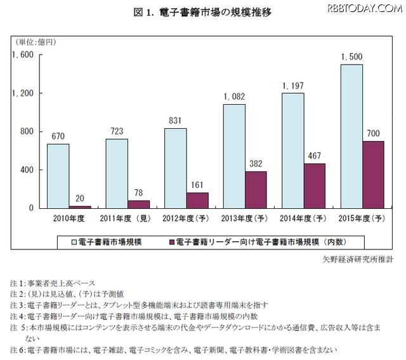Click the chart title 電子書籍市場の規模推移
tap(202, 13)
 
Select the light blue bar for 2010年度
tap(58, 176)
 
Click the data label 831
tap(175, 120)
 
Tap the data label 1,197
tap(293, 85)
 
